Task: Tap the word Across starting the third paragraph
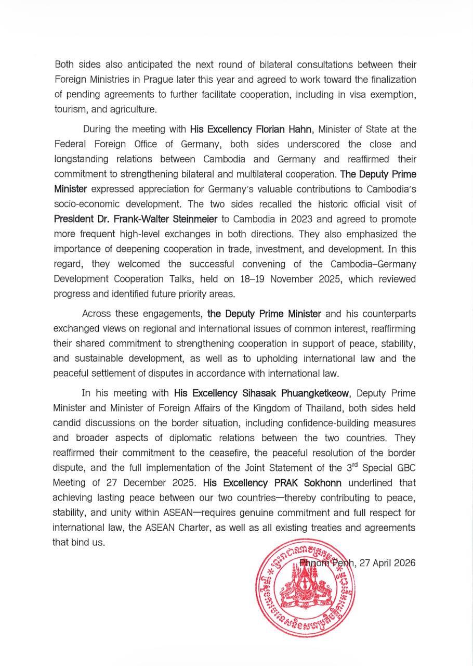[x=97, y=314]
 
